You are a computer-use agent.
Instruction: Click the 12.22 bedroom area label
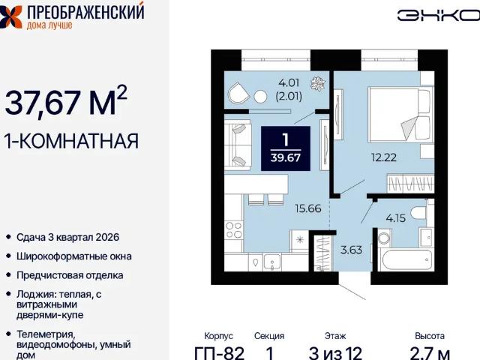point(383,157)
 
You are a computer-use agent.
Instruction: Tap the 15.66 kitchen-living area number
point(308,208)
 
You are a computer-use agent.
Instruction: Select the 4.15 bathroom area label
point(395,218)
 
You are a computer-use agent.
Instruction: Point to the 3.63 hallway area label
point(351,250)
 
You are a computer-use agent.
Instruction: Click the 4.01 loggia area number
point(289,82)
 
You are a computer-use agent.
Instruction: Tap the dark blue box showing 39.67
point(286,148)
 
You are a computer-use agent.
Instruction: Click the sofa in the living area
point(238,145)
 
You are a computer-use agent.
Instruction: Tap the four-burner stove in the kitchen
point(233,230)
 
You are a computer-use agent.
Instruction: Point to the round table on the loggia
point(260,97)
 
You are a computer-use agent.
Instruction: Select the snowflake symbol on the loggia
point(318,83)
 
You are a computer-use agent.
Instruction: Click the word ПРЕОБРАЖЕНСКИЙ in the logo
point(85,12)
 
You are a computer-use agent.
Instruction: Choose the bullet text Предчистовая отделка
point(70,275)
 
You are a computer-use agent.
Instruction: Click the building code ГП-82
point(220,353)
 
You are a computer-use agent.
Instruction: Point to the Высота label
point(430,336)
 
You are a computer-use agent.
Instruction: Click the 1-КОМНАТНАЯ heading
point(71,141)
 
